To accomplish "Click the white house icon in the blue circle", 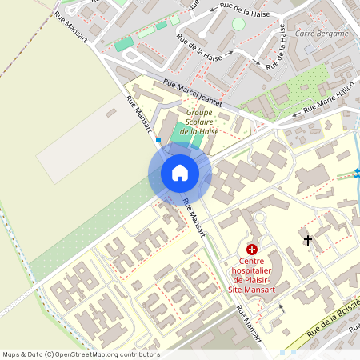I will (179, 173).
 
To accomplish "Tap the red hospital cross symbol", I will (252, 250).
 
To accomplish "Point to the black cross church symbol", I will (308, 240).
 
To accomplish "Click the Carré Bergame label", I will (322, 34).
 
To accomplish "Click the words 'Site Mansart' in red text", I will (253, 290).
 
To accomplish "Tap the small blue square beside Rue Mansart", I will (158, 140).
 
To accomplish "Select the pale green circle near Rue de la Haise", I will (238, 24).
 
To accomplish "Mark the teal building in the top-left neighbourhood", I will (124, 43).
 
